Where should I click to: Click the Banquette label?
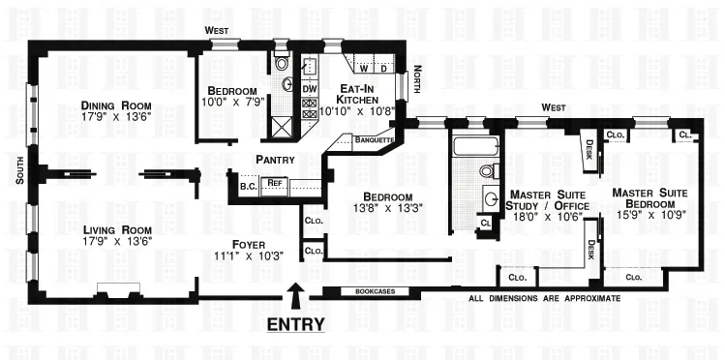(373, 138)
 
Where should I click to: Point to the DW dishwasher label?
(310, 90)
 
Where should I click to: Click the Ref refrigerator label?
(274, 182)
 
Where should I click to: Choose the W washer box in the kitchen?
(364, 69)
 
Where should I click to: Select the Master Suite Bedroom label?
(649, 198)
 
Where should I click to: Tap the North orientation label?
(417, 78)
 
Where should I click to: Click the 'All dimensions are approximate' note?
(545, 298)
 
